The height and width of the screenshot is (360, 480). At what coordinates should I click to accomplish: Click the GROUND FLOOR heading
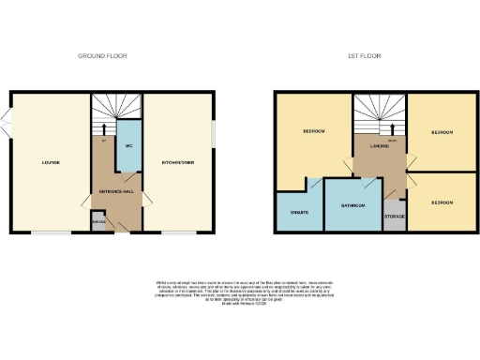pyautogui.click(x=102, y=56)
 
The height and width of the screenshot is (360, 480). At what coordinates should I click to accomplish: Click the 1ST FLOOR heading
pyautogui.click(x=365, y=56)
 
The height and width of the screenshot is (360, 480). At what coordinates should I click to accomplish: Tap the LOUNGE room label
pyautogui.click(x=51, y=162)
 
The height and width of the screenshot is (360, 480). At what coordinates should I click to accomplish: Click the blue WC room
pyautogui.click(x=127, y=145)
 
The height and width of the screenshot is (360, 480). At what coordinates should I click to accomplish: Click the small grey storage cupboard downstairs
pyautogui.click(x=98, y=222)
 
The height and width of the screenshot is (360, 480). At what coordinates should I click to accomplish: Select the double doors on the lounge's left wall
pyautogui.click(x=7, y=119)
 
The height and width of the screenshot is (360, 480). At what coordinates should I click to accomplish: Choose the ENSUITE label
pyautogui.click(x=299, y=212)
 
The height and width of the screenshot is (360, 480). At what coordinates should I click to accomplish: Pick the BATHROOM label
pyautogui.click(x=352, y=205)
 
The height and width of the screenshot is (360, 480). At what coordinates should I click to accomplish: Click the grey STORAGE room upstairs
pyautogui.click(x=395, y=217)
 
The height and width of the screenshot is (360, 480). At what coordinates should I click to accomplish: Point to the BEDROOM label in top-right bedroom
pyautogui.click(x=442, y=133)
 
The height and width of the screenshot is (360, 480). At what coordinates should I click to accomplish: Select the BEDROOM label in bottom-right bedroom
pyautogui.click(x=442, y=202)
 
